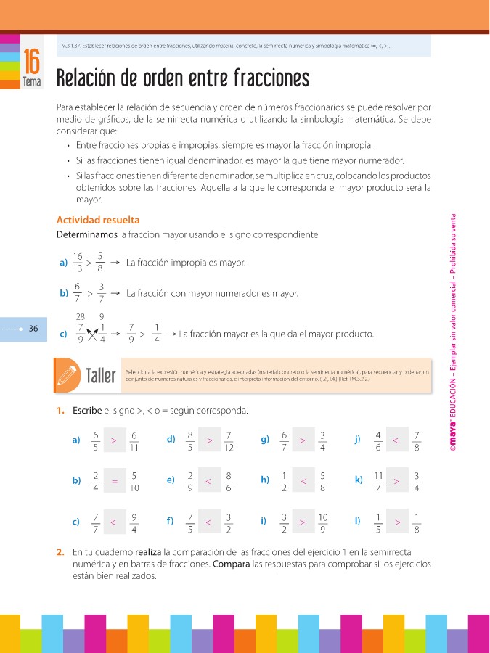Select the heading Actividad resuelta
click(98, 220)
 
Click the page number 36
click(32, 329)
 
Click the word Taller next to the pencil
click(100, 376)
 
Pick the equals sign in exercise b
click(115, 480)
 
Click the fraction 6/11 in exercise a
click(134, 440)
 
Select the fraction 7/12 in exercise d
click(228, 440)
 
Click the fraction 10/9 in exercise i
click(322, 522)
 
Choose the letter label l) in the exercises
click(358, 522)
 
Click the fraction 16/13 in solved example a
click(78, 263)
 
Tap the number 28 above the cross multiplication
click(81, 316)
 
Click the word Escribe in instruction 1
click(87, 411)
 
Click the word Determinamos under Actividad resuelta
click(86, 235)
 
